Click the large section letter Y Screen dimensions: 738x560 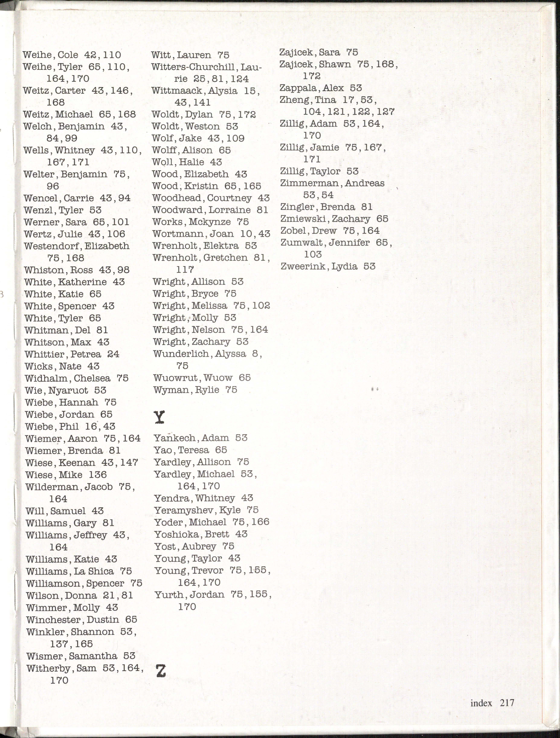pos(159,417)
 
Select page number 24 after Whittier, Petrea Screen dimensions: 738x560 pos(113,354)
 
